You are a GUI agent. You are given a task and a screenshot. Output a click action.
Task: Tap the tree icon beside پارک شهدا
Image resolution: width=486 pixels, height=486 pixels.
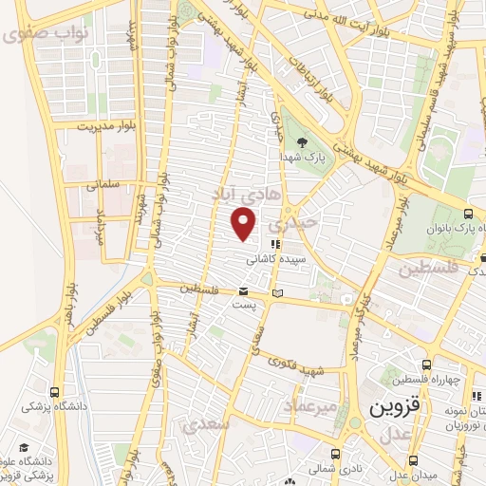point(302,142)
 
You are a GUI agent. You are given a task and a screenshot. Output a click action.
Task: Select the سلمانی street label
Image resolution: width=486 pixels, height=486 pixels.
point(103,185)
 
